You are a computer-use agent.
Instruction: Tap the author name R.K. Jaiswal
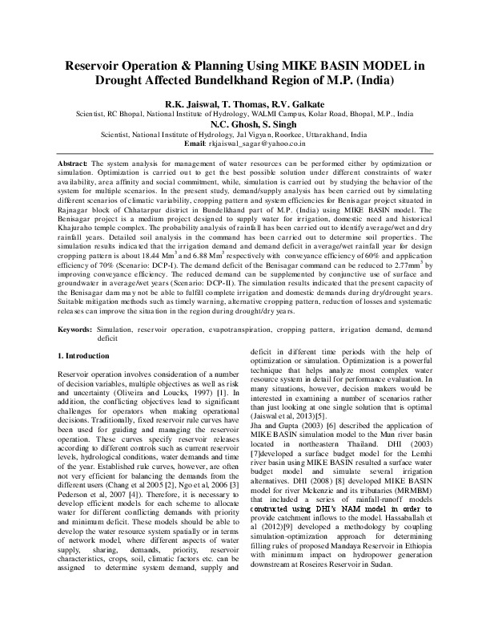coord(187,103)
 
